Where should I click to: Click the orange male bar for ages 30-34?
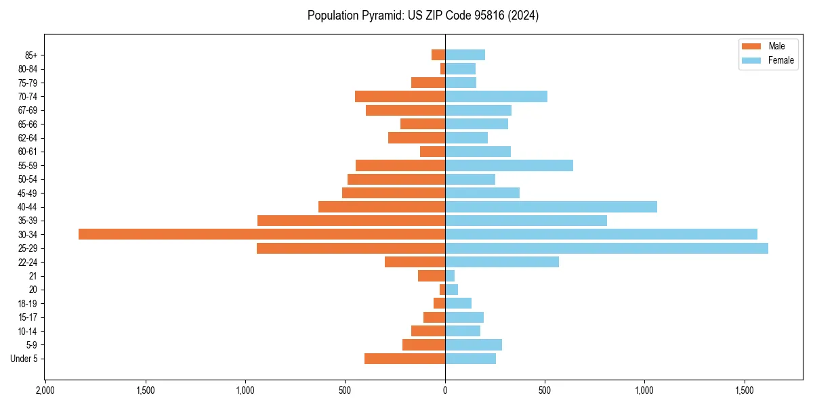point(262,234)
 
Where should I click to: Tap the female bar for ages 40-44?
point(551,207)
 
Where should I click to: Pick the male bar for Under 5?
point(404,359)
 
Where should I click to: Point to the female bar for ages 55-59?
point(509,165)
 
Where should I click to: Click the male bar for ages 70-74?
point(400,97)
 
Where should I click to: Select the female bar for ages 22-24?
point(502,262)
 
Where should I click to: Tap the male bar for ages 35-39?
point(351,221)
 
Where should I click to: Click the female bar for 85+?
point(465,55)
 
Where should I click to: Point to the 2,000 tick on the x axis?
point(45,390)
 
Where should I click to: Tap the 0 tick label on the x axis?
point(445,390)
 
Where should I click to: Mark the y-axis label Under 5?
point(24,359)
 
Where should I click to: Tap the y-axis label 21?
point(33,276)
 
